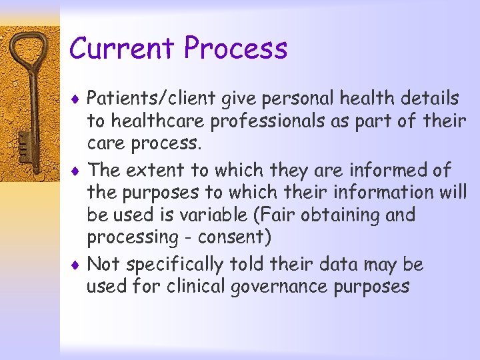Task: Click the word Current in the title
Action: tap(123, 49)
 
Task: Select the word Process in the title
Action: tap(236, 49)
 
